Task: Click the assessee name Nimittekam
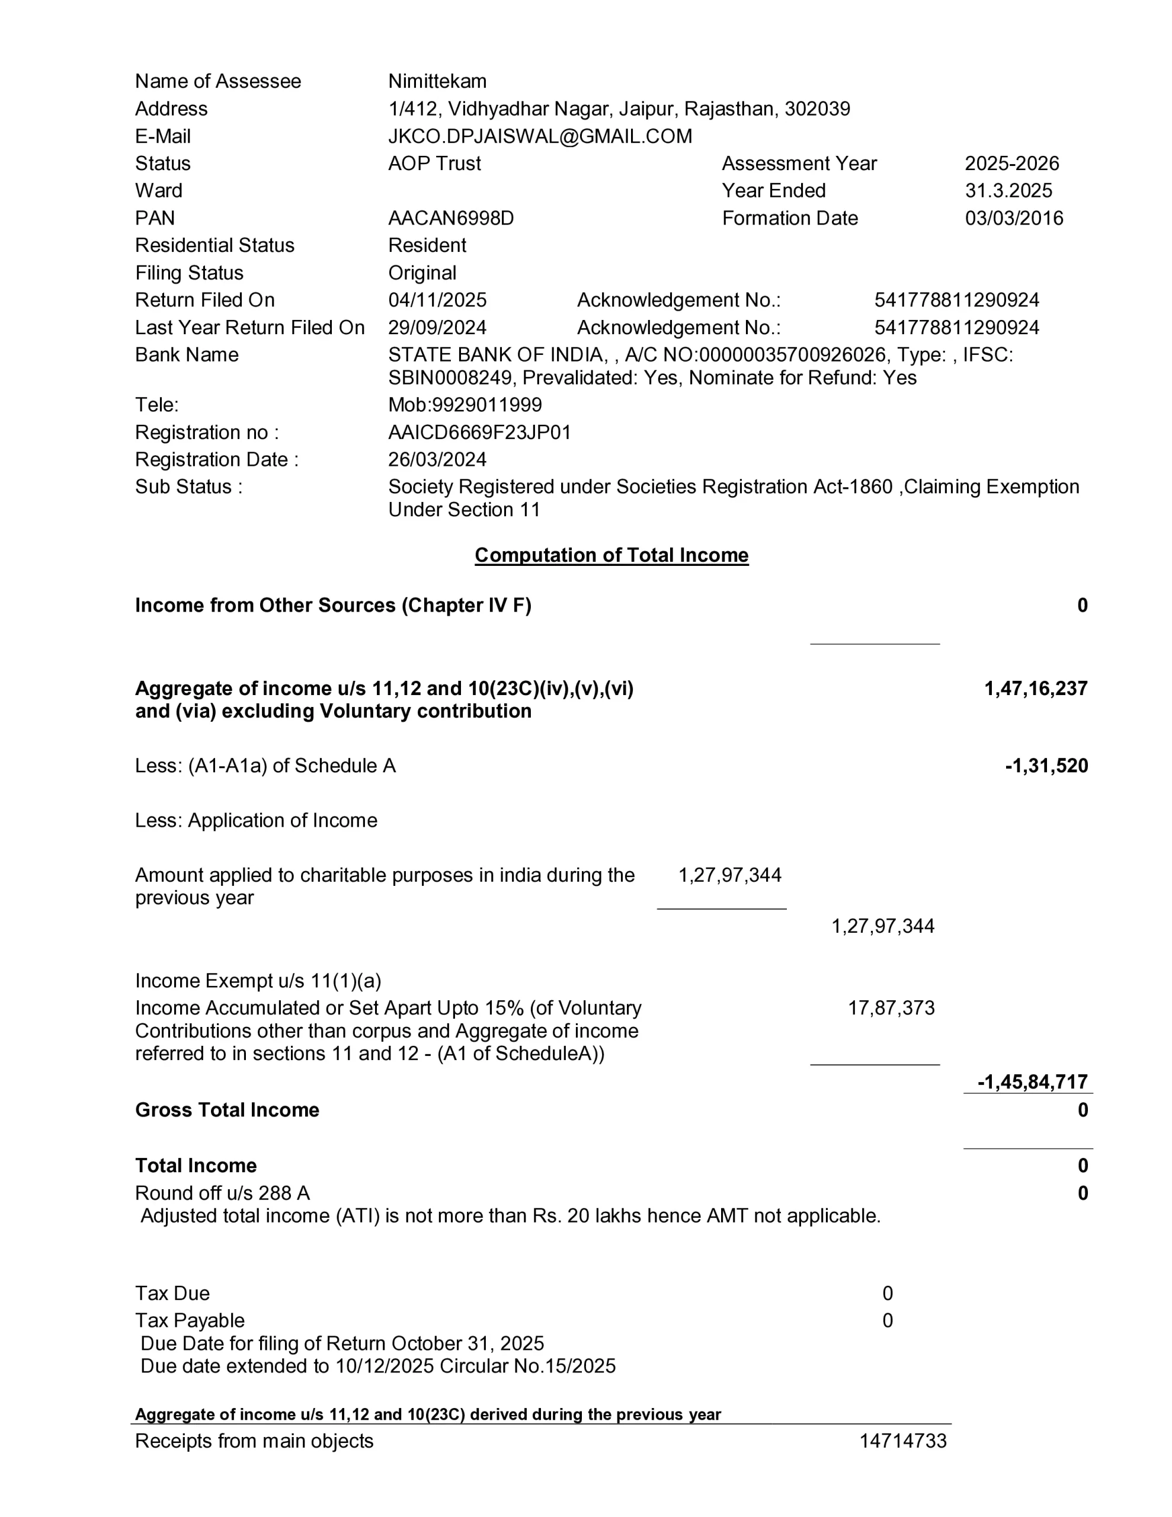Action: click(437, 81)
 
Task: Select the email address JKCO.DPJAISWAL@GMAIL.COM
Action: click(540, 136)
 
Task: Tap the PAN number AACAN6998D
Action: click(451, 218)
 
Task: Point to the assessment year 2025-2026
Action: click(1011, 163)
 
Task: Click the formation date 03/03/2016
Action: click(1014, 218)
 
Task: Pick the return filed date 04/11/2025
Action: click(437, 300)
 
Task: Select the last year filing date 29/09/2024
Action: click(437, 327)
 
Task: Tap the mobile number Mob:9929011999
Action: click(465, 404)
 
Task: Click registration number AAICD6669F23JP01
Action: click(479, 432)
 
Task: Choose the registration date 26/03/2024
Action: click(437, 459)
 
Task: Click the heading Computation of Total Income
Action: click(611, 555)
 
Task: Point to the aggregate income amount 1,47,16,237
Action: click(1035, 689)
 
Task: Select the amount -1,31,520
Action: click(1046, 766)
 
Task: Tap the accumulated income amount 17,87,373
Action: click(891, 1008)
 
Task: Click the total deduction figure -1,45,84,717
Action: click(1032, 1081)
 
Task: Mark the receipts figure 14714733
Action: click(902, 1441)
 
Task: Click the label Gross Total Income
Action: click(227, 1110)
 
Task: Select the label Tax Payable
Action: click(190, 1320)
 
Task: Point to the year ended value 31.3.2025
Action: click(1008, 190)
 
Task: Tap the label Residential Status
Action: click(214, 245)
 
